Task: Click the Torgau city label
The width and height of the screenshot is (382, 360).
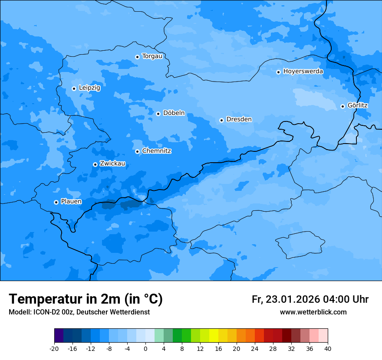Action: coord(152,56)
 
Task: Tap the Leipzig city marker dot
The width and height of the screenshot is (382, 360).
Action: coord(74,88)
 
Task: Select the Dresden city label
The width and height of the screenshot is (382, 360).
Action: coord(239,119)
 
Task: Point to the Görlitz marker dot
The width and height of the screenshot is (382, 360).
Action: coord(342,106)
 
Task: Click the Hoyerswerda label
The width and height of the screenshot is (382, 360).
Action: coord(303,72)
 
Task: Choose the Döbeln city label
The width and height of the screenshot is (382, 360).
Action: coord(174,113)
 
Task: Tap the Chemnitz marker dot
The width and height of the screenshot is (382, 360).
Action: coord(137,151)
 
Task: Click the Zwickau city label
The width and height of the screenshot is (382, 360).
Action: coord(112,164)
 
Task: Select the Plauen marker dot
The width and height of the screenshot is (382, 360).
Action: coord(56,202)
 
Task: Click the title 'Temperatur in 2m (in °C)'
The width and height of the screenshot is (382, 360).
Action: coord(86,299)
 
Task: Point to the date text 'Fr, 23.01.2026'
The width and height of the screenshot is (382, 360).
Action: coord(286,299)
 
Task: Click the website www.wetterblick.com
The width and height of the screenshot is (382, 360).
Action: coord(313,312)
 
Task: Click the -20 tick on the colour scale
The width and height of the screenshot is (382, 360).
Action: coord(54,349)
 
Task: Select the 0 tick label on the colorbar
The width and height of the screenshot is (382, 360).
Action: coord(145,349)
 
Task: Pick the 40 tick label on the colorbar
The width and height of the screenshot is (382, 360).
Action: coord(328,349)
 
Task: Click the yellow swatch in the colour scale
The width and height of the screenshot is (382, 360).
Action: coord(214,336)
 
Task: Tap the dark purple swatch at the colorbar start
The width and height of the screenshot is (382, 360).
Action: coord(59,336)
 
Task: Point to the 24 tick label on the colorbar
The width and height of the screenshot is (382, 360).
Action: coord(255,349)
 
